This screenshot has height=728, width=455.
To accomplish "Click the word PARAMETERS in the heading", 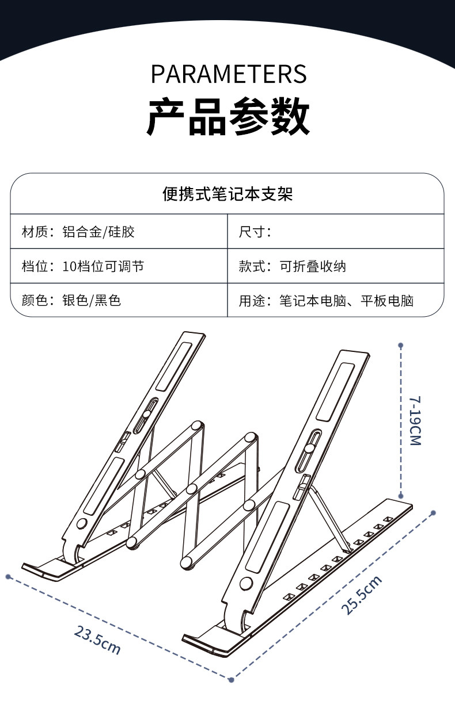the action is click(x=229, y=75).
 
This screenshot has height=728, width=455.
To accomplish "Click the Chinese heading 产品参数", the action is click(x=228, y=117).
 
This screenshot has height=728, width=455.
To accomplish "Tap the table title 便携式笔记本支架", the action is click(x=227, y=194).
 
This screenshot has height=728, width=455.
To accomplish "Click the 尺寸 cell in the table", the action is click(x=255, y=232).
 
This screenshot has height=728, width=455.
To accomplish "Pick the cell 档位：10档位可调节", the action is click(x=83, y=266).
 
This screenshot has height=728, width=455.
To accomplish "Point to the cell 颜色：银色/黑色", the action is click(x=71, y=300).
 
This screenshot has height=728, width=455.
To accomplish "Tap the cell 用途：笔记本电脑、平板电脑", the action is click(x=326, y=300).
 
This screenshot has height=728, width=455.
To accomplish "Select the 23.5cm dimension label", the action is click(x=97, y=639).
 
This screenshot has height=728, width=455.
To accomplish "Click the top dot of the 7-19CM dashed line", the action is click(x=401, y=346).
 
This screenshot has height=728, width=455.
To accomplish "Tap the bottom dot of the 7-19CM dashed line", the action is click(x=401, y=495).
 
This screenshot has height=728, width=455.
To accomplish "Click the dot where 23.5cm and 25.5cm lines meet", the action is click(x=231, y=680).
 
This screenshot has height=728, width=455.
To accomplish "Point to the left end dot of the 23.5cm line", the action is click(x=8, y=576).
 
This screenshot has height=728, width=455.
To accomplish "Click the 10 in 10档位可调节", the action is click(x=69, y=266).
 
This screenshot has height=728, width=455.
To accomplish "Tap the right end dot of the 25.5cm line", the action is click(x=434, y=512).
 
